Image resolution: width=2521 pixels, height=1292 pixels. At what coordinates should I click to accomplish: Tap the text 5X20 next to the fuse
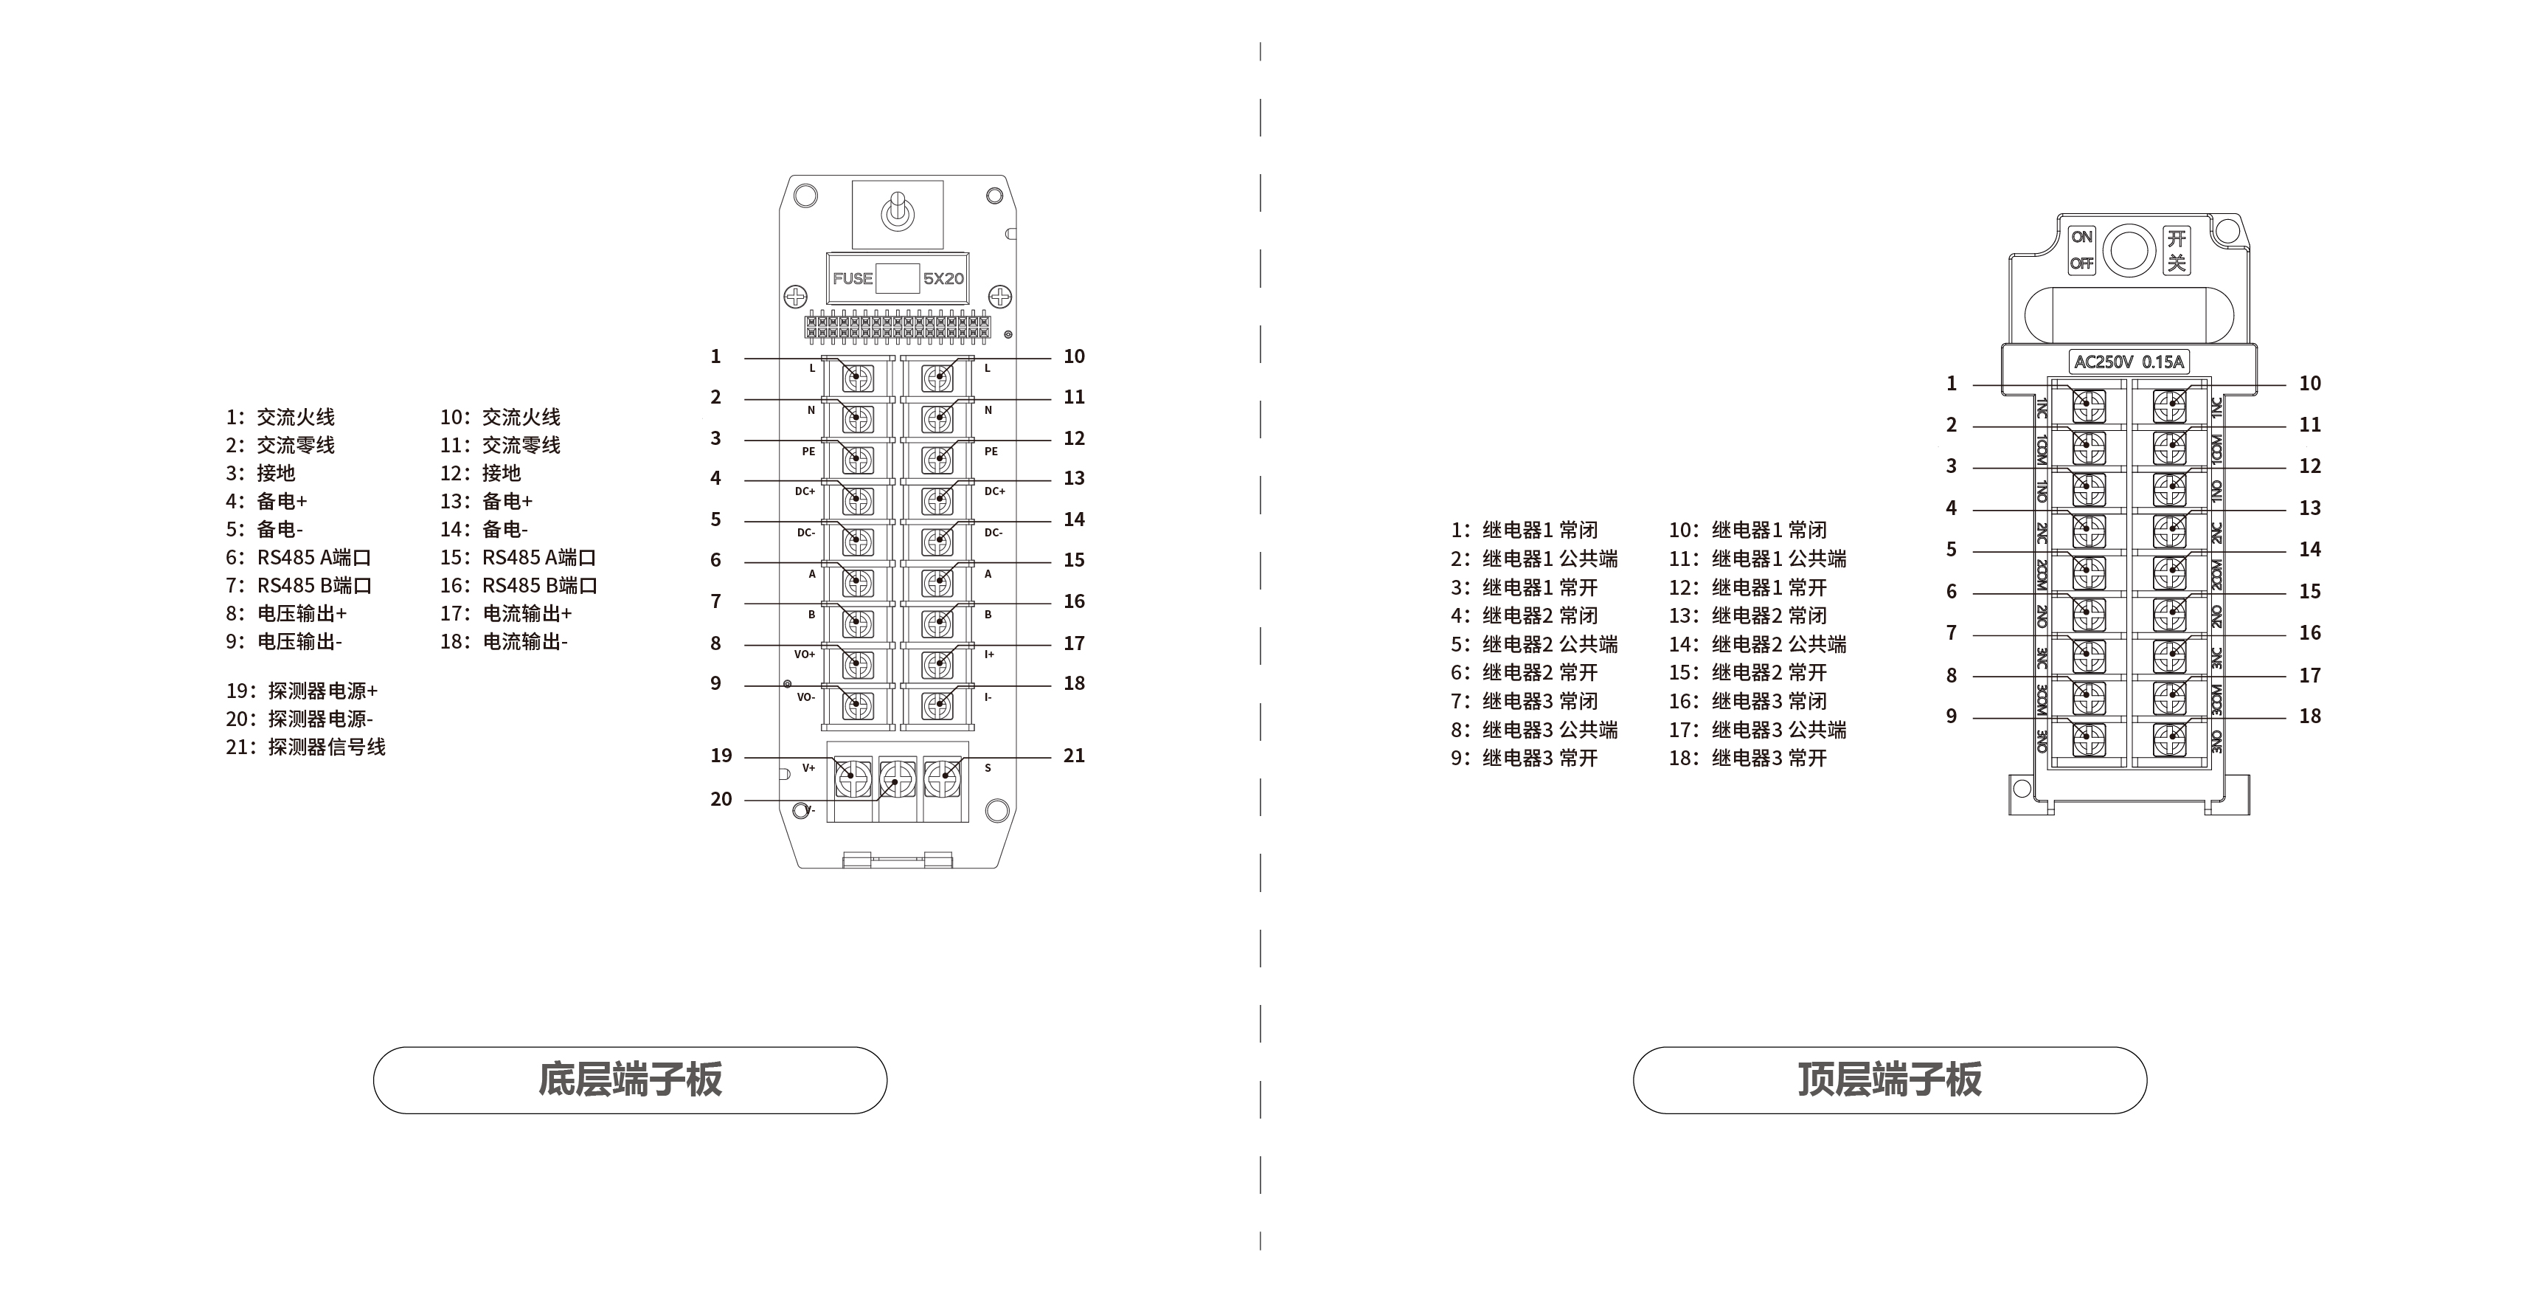943,279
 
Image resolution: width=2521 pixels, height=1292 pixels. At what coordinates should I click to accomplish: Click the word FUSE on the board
853,279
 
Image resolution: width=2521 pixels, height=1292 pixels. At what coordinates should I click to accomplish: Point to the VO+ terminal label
805,654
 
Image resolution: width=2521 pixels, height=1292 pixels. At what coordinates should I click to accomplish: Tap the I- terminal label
988,697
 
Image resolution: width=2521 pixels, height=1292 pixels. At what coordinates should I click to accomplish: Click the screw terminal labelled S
943,779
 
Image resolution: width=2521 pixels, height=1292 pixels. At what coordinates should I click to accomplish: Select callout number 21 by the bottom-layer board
1074,756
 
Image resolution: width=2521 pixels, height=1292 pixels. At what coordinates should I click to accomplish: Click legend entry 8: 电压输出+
287,614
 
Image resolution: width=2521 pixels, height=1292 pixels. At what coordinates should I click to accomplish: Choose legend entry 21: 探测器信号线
305,747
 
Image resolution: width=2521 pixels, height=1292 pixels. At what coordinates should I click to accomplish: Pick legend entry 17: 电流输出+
506,614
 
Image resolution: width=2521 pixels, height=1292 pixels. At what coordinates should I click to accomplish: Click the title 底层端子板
630,1079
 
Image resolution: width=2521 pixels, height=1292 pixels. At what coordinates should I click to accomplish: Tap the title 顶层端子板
1890,1079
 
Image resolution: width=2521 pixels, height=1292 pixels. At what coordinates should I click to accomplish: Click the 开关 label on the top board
2177,251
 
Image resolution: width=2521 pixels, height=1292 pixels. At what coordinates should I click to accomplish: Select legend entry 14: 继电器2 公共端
1758,644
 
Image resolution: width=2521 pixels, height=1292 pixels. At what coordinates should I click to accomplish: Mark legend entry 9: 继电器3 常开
1524,758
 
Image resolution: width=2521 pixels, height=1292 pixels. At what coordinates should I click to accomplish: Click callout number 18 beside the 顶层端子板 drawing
2309,716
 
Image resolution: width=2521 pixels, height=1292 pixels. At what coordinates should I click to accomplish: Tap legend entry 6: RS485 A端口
299,558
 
